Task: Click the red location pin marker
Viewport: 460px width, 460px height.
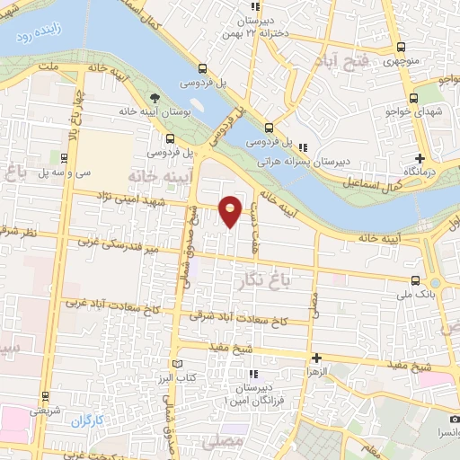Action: pos(231,210)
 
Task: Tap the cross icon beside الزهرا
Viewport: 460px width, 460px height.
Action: pos(314,358)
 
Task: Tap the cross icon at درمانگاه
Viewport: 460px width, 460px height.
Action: pos(420,157)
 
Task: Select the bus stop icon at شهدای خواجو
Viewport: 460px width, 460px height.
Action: pos(413,98)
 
